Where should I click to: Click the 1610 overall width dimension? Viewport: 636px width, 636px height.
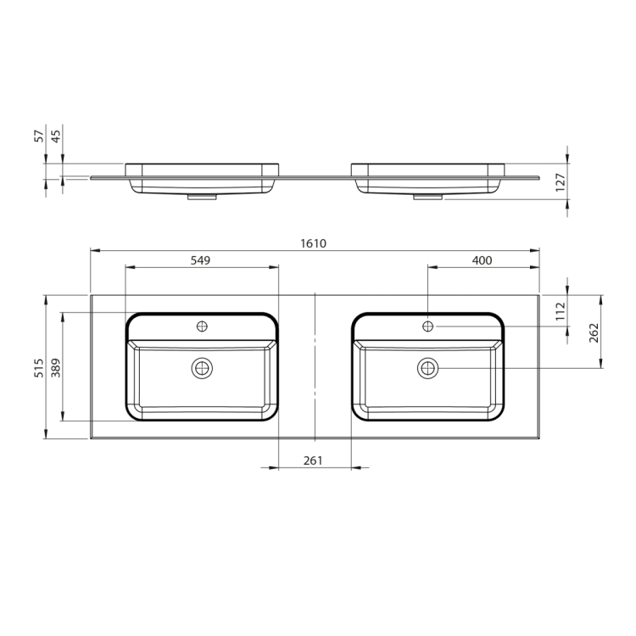[313, 243]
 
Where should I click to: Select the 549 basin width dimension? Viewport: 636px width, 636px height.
[200, 260]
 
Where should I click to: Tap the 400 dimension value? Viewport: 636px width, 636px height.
[482, 260]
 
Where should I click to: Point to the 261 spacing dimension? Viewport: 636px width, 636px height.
[313, 460]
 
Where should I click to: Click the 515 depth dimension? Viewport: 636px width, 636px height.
[39, 368]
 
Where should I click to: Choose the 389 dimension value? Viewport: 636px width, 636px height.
[56, 368]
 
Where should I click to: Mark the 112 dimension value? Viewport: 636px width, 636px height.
[561, 311]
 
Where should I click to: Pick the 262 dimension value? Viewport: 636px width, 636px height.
[594, 332]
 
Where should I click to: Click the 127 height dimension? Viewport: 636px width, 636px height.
[561, 182]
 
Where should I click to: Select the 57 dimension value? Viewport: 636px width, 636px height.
[39, 136]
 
